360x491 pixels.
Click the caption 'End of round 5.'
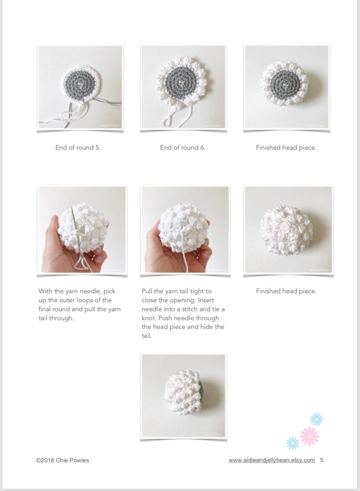78,148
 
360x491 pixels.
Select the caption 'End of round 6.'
183,148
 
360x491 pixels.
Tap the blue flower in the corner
316,419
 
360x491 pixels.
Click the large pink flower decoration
310,436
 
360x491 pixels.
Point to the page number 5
321,460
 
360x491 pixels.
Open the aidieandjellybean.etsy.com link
272,460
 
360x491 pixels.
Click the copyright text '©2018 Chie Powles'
63,460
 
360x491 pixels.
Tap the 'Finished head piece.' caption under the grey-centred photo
286,148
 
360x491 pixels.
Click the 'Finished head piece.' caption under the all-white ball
286,291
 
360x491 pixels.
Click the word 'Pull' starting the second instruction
148,291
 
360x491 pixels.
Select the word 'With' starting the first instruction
45,291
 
